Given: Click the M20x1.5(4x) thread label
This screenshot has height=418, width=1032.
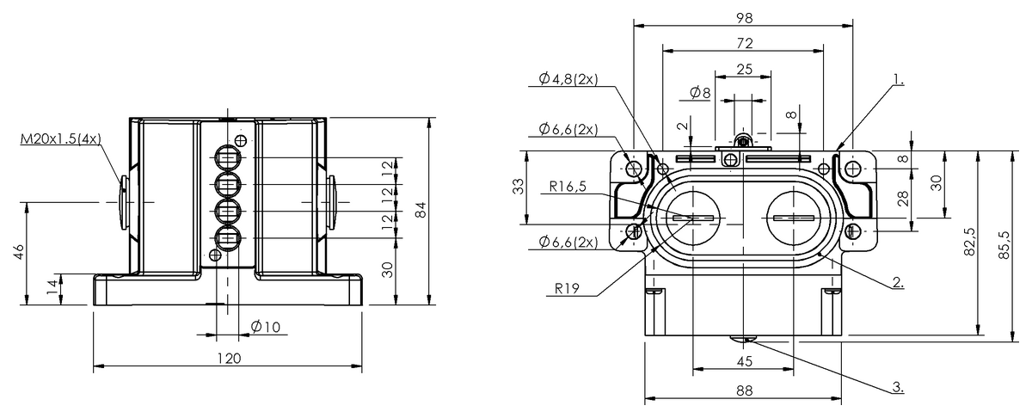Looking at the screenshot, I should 60,138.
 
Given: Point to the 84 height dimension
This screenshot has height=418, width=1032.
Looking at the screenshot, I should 420,210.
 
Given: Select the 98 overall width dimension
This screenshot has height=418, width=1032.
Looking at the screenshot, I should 745,18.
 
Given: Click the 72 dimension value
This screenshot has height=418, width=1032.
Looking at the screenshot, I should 745,42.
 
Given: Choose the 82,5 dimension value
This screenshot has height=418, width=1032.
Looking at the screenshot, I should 969,243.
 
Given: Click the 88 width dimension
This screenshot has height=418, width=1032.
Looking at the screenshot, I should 745,390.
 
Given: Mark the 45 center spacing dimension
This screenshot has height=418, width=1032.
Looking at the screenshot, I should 745,362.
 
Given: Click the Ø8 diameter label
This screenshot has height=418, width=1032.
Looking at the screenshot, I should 700,92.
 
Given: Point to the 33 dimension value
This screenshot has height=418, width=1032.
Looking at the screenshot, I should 516,187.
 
